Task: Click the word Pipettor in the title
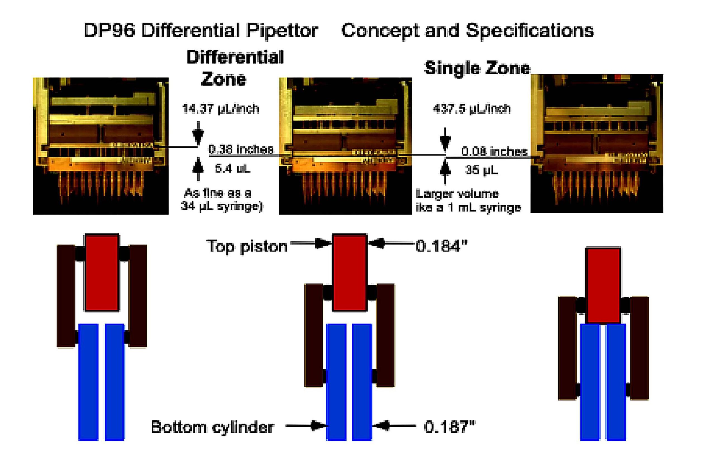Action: (x=282, y=31)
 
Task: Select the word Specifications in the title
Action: (x=530, y=31)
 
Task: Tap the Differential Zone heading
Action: (x=235, y=68)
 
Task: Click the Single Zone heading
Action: (x=477, y=68)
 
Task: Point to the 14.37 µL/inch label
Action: (x=220, y=109)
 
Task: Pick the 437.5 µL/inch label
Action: (x=472, y=109)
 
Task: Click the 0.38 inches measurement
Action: (x=241, y=149)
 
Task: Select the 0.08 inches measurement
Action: (x=494, y=152)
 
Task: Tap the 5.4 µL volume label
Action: (x=232, y=169)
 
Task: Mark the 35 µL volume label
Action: (x=481, y=170)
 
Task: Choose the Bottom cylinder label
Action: (x=212, y=427)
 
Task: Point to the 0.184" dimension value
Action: (x=442, y=246)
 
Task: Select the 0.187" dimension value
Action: (x=450, y=427)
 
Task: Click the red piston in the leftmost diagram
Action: (x=102, y=272)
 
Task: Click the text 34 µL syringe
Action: (x=221, y=206)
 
